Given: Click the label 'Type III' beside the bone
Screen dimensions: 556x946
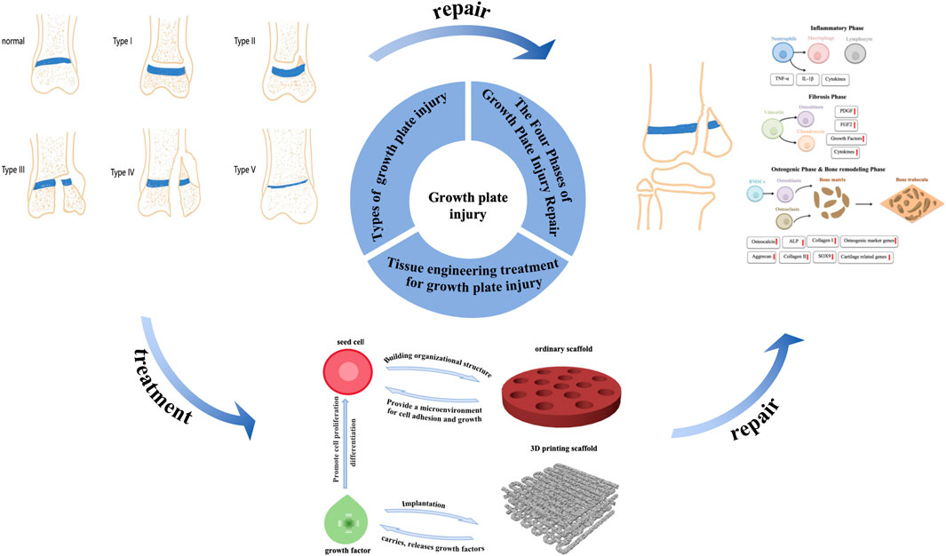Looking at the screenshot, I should [14, 169].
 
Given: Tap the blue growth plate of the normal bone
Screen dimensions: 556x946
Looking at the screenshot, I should [67, 64].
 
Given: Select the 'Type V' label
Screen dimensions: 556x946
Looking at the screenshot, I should [246, 169].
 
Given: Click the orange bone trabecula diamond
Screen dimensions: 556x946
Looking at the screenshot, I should [896, 206].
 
